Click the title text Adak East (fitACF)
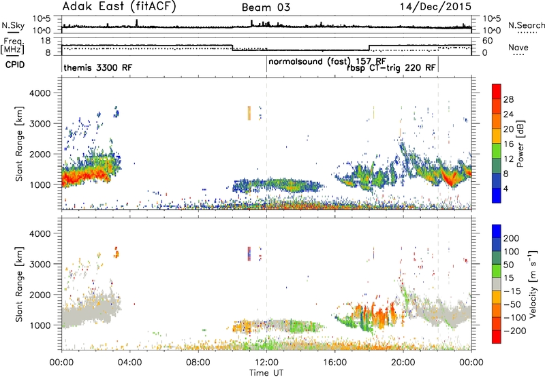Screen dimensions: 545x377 (119, 7)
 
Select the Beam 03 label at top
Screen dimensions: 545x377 (266, 7)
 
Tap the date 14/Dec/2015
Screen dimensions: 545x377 (435, 7)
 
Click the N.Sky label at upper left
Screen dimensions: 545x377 (13, 25)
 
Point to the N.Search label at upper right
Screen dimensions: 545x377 (527, 25)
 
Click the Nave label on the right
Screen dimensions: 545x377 (518, 47)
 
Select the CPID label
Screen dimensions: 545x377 (15, 65)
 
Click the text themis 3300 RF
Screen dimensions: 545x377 (98, 67)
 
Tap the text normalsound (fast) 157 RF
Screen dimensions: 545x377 (327, 61)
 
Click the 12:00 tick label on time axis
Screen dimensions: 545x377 (266, 363)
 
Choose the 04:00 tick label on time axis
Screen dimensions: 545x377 (130, 363)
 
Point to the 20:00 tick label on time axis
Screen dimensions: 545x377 (403, 363)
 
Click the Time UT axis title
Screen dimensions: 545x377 (266, 373)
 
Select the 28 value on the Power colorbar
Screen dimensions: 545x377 (508, 99)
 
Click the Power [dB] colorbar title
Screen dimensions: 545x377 (520, 144)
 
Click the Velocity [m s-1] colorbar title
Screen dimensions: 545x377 (533, 284)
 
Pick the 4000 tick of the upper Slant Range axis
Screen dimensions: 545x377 (40, 93)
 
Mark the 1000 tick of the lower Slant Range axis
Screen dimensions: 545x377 (40, 325)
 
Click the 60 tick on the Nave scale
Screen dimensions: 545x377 (488, 41)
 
